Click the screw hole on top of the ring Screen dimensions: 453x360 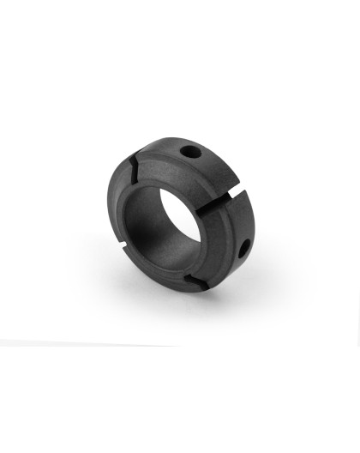(191, 151)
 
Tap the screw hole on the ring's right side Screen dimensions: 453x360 (244, 249)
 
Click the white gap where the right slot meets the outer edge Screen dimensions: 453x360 (233, 183)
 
